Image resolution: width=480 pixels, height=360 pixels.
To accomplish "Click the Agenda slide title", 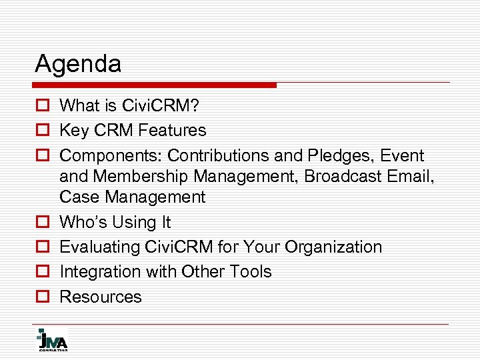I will [x=78, y=65].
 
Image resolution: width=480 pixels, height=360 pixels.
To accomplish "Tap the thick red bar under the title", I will [x=155, y=85].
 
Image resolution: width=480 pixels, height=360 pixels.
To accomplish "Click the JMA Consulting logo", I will [x=51, y=339].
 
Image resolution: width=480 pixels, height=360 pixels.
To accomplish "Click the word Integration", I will [x=95, y=272].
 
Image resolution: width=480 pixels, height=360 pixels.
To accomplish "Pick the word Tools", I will [x=250, y=272].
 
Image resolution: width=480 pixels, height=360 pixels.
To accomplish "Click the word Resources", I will [x=101, y=297].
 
